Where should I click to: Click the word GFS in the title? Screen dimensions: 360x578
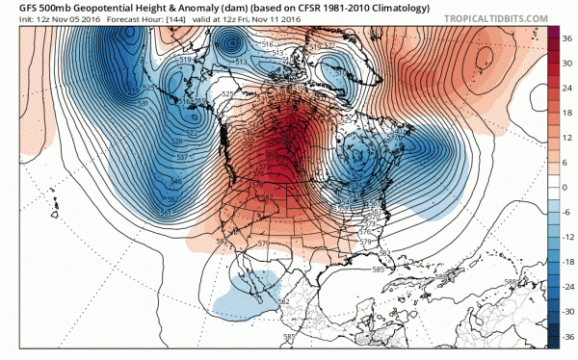[15, 7]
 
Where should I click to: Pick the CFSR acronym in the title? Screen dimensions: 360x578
[301, 7]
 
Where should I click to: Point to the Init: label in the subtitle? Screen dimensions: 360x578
[13, 18]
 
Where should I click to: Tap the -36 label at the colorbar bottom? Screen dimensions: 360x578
[568, 338]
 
